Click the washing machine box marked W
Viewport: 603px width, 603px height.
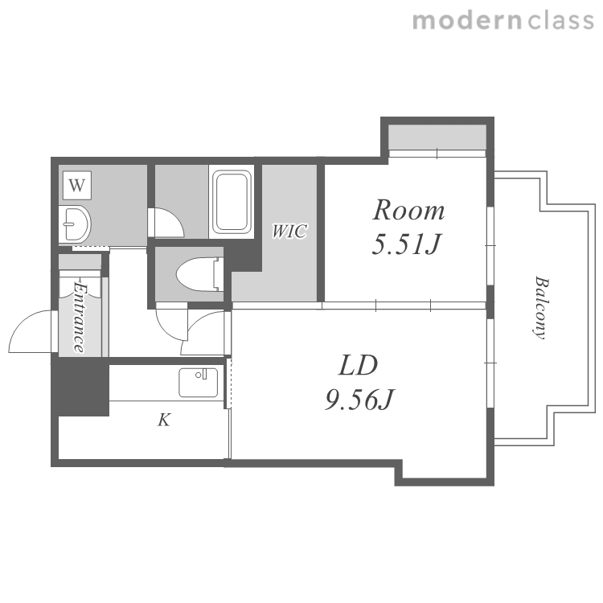click(x=77, y=186)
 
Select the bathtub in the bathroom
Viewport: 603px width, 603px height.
click(x=232, y=202)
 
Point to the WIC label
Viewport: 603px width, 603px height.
click(x=289, y=231)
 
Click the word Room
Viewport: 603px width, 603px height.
click(x=408, y=210)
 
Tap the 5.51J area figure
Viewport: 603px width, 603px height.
click(x=406, y=244)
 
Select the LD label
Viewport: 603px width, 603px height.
click(x=358, y=365)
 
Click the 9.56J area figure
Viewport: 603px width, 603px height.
click(x=359, y=400)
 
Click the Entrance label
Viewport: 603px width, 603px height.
click(x=79, y=318)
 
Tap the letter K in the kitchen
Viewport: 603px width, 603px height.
click(x=164, y=420)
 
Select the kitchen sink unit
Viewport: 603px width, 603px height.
click(x=199, y=383)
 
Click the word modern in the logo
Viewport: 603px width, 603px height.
click(x=467, y=21)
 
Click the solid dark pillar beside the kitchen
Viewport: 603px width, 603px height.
click(x=80, y=386)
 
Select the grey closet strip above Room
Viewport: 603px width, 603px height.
click(x=437, y=137)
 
